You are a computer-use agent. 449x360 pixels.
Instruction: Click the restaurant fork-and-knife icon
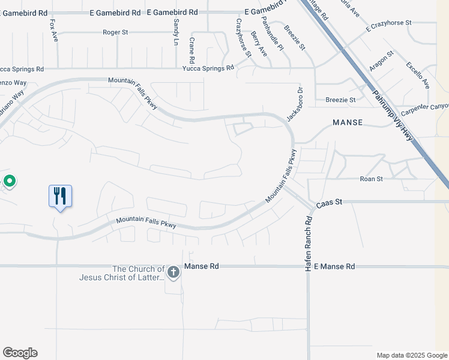(x=60, y=196)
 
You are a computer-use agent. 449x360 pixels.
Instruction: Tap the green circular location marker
(x=10, y=180)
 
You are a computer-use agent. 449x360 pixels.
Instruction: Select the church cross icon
(x=173, y=273)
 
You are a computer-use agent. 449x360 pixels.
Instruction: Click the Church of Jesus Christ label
(x=121, y=273)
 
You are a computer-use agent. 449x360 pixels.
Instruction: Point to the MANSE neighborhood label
(x=348, y=122)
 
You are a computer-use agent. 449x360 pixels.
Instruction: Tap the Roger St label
(x=115, y=32)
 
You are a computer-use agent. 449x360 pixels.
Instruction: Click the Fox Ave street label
(x=53, y=30)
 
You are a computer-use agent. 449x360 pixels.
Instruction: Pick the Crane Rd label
(x=192, y=50)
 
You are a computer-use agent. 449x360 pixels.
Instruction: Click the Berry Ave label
(x=259, y=44)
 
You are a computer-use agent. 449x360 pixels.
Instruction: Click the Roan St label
(x=371, y=179)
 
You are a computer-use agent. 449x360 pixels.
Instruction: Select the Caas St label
(x=329, y=203)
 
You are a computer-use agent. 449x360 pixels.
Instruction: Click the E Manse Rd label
(x=334, y=266)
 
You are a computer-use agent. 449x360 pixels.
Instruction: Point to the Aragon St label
(x=381, y=61)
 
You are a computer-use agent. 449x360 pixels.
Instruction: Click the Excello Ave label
(x=418, y=75)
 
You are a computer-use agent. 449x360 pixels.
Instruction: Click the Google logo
(x=20, y=353)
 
